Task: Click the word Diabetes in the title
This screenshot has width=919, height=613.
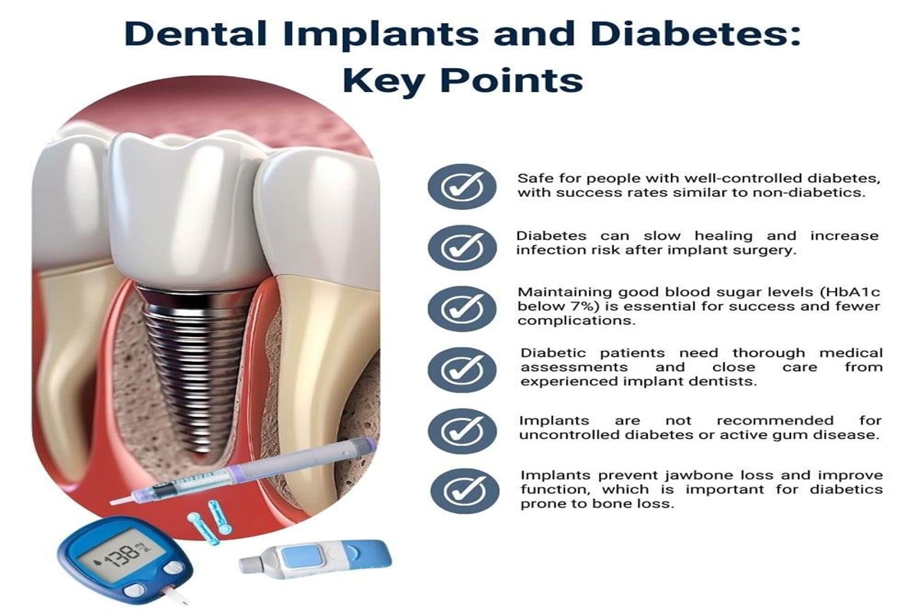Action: [x=696, y=34]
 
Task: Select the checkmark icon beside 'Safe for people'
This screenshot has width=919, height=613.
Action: [x=462, y=187]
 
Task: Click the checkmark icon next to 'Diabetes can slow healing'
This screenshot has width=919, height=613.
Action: [x=462, y=247]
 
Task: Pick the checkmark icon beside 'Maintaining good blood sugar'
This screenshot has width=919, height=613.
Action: [x=462, y=309]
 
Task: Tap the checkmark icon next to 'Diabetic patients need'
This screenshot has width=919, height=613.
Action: [x=462, y=369]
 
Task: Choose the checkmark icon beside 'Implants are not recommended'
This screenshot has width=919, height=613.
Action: [x=462, y=431]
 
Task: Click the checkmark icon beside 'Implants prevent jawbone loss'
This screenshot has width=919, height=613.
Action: [x=465, y=491]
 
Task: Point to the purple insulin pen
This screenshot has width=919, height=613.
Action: [x=242, y=471]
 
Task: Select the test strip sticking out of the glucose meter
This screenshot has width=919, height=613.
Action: [x=175, y=595]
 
